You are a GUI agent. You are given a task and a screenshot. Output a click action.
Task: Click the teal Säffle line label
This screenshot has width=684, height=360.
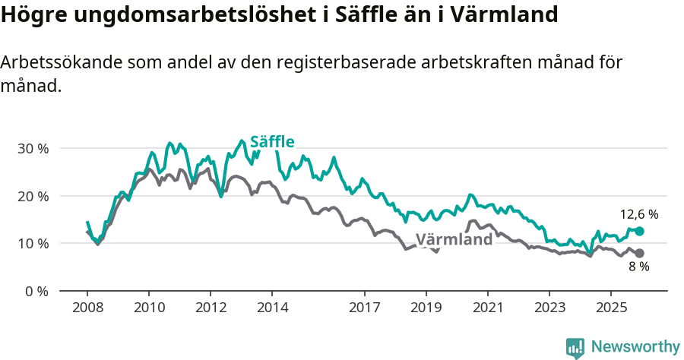(272, 141)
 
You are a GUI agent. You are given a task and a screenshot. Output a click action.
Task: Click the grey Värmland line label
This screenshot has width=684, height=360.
(454, 240)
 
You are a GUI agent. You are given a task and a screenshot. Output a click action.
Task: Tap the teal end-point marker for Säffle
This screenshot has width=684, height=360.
(639, 231)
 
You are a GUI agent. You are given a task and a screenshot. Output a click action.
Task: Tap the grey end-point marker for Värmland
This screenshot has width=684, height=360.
(639, 253)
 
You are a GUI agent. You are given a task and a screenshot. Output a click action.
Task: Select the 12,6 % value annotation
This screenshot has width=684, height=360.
(638, 215)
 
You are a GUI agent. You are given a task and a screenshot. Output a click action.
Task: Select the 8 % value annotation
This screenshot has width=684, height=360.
(638, 267)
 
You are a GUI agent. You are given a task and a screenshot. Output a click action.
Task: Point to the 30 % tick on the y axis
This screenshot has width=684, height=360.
(33, 148)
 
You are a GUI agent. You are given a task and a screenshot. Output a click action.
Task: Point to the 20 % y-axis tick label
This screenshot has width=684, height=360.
(33, 196)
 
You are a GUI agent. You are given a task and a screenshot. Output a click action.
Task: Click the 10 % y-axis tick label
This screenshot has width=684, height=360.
(33, 243)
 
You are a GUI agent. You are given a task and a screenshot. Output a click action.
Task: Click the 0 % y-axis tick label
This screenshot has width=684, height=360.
(36, 291)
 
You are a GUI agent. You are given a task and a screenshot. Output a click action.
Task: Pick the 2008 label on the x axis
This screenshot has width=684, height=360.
(87, 308)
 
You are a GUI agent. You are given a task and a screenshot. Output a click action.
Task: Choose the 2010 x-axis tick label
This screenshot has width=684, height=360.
(148, 308)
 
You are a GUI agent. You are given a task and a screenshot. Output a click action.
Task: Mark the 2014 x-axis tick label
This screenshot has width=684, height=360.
(272, 308)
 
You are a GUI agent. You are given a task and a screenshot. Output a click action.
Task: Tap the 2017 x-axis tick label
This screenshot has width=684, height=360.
(365, 308)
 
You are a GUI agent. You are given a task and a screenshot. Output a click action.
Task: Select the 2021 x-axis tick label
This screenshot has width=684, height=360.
(488, 308)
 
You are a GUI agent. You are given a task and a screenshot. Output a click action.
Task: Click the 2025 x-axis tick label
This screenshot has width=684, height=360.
(611, 308)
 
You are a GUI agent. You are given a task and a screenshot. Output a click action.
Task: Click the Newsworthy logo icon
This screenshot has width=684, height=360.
(575, 348)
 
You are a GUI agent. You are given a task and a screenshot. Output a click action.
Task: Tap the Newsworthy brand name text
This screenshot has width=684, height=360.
(635, 347)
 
